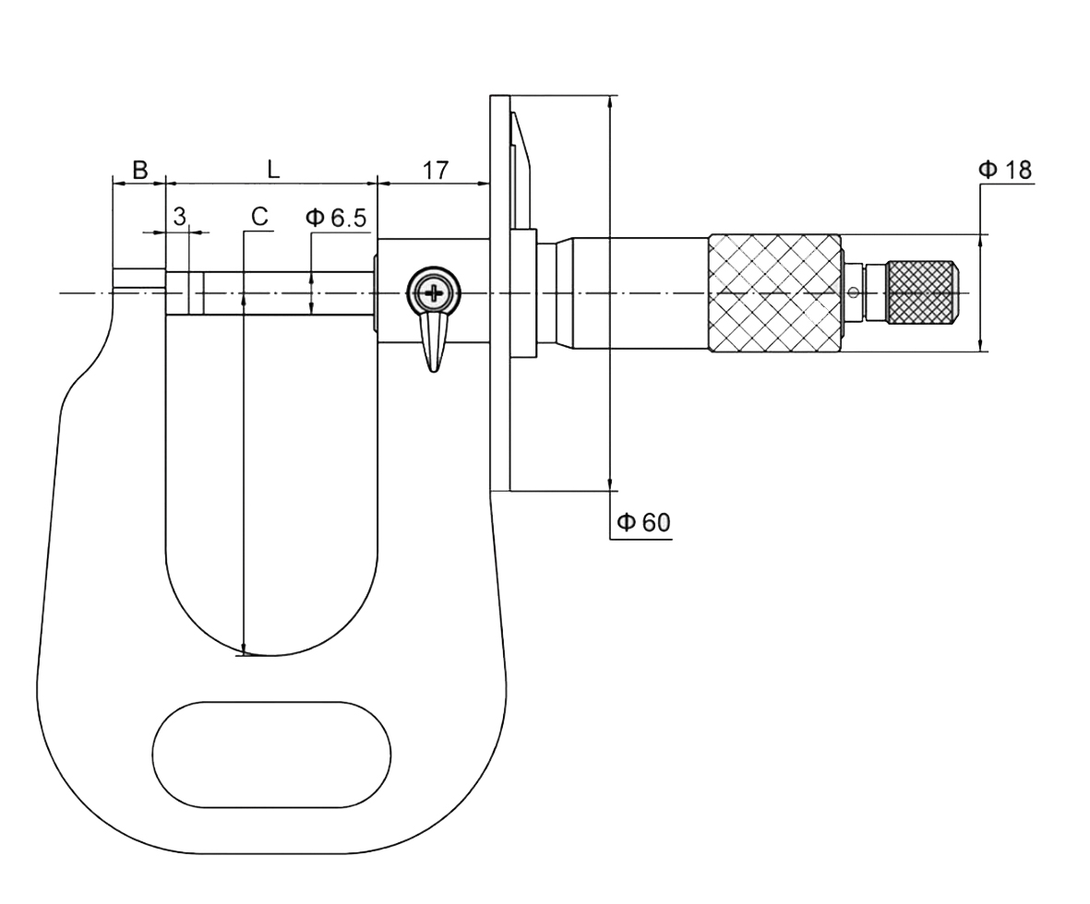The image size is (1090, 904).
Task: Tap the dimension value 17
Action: click(436, 170)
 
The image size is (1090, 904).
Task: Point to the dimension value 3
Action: click(179, 217)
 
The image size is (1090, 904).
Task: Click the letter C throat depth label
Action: click(259, 217)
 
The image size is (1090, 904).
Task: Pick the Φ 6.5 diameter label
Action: click(336, 218)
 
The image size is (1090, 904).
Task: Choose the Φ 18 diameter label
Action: click(1005, 169)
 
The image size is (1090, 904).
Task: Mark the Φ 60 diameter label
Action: click(643, 522)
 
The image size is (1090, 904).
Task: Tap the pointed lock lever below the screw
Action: click(434, 341)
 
